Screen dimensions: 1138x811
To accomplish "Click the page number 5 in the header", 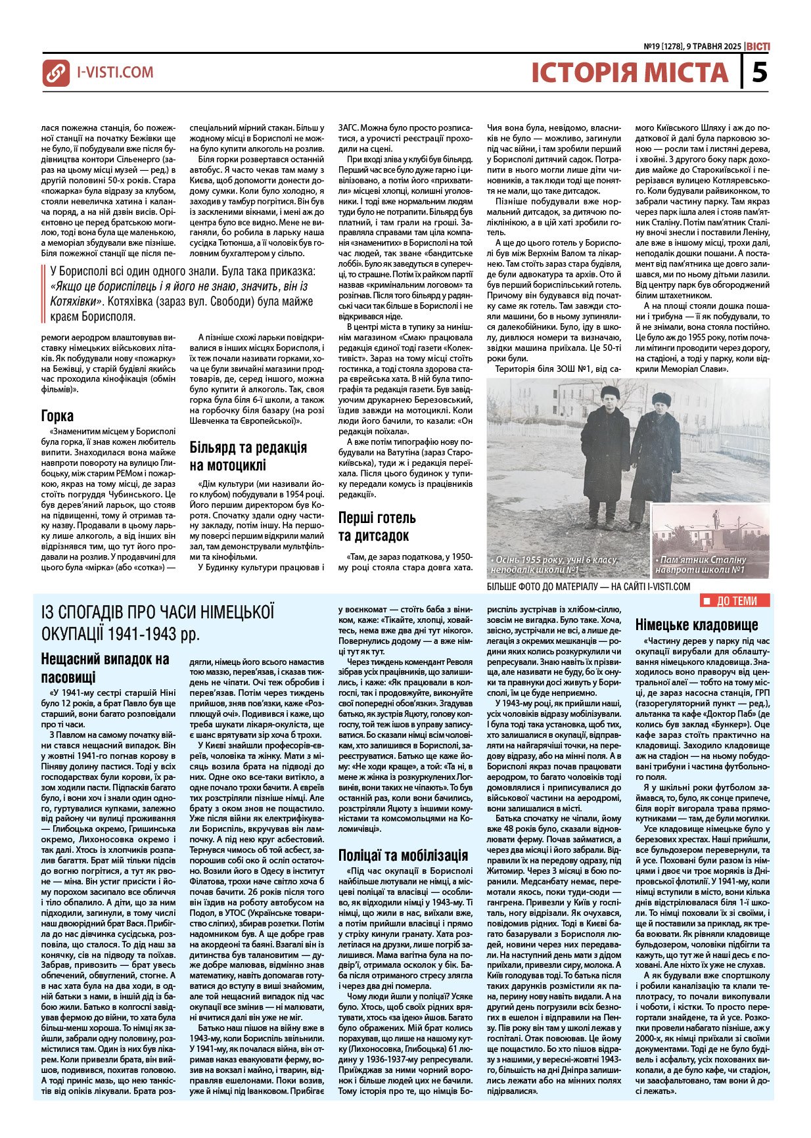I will pyautogui.click(x=759, y=72).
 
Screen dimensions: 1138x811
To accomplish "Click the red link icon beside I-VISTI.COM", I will pyautogui.click(x=56, y=73).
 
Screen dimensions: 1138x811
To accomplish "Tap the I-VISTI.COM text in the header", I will pyautogui.click(x=115, y=72).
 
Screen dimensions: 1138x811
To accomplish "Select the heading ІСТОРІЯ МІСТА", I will pyautogui.click(x=630, y=72).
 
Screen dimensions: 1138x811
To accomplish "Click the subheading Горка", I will pyautogui.click(x=57, y=416).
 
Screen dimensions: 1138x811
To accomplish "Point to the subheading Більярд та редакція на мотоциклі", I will pyautogui.click(x=248, y=456).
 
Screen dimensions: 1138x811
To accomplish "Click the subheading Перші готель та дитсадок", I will pyautogui.click(x=377, y=526).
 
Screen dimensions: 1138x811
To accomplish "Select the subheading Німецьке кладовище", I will pyautogui.click(x=697, y=624).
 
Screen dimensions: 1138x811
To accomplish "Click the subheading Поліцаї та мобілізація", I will pyautogui.click(x=403, y=855).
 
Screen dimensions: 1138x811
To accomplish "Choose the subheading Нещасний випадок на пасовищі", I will pyautogui.click(x=105, y=668).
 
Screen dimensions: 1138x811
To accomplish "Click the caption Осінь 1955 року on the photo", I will pyautogui.click(x=553, y=564).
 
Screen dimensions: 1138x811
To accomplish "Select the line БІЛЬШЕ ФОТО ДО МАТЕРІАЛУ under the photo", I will pyautogui.click(x=588, y=586).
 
